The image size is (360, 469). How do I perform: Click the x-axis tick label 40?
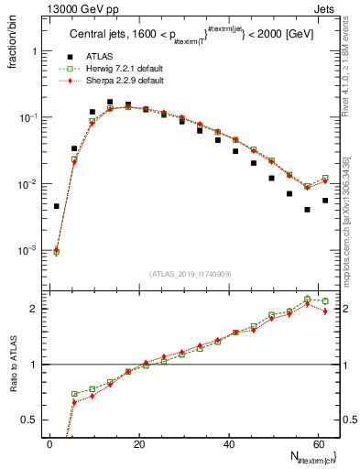point(227,442)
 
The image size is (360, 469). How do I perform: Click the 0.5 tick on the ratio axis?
point(33,420)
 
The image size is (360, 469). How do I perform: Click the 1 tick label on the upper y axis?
point(38,52)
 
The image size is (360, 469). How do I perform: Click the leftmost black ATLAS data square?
point(57,206)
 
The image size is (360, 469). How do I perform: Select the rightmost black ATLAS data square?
point(325,200)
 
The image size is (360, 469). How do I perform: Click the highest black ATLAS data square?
point(110,102)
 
